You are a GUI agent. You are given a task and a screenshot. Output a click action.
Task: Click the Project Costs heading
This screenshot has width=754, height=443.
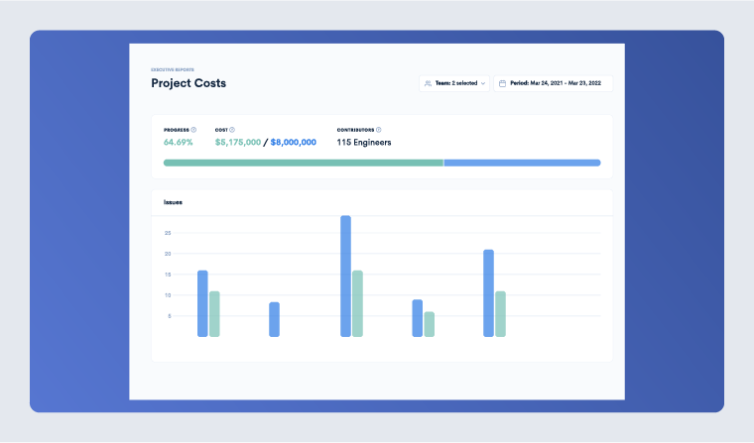click(188, 83)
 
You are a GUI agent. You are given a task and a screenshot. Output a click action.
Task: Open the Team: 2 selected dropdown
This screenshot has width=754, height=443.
click(454, 83)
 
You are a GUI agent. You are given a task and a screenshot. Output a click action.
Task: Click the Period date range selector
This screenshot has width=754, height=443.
click(553, 83)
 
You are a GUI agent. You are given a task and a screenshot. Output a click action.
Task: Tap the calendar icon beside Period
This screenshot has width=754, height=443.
click(503, 83)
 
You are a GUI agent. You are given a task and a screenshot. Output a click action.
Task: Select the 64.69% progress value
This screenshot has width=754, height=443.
click(179, 142)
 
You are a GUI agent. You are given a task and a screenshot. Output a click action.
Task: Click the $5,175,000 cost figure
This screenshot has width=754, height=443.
click(238, 142)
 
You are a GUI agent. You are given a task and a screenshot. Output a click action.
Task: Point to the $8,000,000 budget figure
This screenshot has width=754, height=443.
click(294, 142)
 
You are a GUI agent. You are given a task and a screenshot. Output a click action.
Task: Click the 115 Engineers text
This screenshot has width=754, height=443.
click(364, 142)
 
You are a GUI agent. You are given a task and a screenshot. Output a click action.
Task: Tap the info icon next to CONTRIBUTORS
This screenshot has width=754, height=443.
click(379, 130)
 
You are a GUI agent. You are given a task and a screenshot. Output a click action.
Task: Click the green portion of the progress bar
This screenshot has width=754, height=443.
click(303, 163)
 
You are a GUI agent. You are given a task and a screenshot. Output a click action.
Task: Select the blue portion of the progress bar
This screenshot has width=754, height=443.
click(522, 163)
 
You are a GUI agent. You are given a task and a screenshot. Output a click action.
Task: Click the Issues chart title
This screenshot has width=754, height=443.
click(173, 202)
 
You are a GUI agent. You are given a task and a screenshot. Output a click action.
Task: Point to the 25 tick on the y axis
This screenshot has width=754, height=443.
click(168, 233)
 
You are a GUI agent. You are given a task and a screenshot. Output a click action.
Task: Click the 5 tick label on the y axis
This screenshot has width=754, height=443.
click(169, 316)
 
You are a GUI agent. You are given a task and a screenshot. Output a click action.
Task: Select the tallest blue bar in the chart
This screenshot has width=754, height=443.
click(345, 277)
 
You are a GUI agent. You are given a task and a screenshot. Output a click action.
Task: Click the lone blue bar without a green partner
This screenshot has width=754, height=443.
click(274, 319)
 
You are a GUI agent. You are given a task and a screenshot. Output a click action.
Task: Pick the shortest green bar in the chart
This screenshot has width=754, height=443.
click(429, 324)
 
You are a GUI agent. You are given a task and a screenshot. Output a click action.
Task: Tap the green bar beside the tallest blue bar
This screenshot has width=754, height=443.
click(357, 303)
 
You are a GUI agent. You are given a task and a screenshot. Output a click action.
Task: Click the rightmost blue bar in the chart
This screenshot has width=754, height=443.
click(488, 292)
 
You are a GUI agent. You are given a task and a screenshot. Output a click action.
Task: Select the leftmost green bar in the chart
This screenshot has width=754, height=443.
click(214, 314)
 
